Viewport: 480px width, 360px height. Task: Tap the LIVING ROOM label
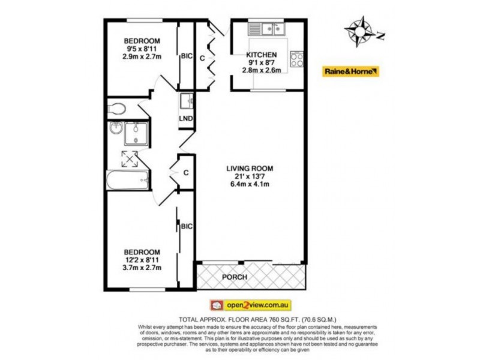click(x=249, y=169)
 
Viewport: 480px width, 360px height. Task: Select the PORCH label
click(x=235, y=277)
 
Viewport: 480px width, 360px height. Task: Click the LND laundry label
click(x=186, y=118)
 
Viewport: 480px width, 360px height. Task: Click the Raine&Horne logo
click(x=351, y=71)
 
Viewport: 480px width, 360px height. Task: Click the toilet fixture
click(x=118, y=108)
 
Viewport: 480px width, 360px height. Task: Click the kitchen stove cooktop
click(x=296, y=59)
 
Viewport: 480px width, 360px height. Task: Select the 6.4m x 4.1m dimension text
click(x=249, y=184)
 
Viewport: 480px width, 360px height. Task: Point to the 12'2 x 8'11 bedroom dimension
click(x=142, y=259)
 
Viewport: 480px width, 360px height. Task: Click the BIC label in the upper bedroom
click(x=186, y=56)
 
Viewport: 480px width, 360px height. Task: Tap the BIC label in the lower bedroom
click(x=186, y=226)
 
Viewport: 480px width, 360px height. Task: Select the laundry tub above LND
click(x=185, y=101)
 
